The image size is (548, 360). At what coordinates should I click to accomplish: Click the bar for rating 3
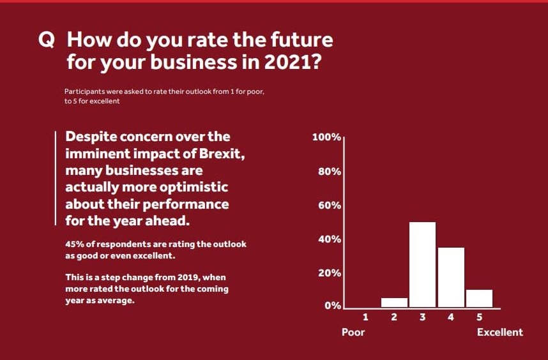422,264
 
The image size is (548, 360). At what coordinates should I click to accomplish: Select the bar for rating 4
451,277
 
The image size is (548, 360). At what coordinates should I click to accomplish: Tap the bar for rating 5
479,298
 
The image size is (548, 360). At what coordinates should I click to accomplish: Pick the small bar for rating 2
394,302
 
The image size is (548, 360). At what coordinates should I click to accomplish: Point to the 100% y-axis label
326,138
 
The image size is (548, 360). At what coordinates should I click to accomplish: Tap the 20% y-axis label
330,273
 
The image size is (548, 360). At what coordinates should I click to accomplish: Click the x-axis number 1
365,317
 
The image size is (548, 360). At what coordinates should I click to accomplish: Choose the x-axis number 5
479,317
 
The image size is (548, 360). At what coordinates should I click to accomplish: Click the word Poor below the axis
353,332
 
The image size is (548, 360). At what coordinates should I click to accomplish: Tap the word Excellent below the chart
499,332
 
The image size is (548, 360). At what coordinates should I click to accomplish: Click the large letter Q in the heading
47,40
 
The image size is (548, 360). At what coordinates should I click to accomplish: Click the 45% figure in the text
75,244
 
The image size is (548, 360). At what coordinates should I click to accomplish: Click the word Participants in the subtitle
82,92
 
